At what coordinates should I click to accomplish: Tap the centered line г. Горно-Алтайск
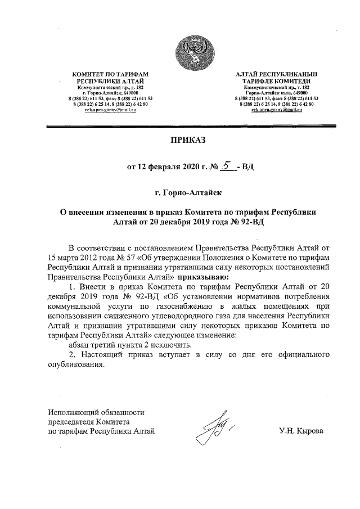[188, 193]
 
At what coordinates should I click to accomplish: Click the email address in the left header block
[111, 110]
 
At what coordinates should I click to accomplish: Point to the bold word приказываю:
[203, 277]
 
